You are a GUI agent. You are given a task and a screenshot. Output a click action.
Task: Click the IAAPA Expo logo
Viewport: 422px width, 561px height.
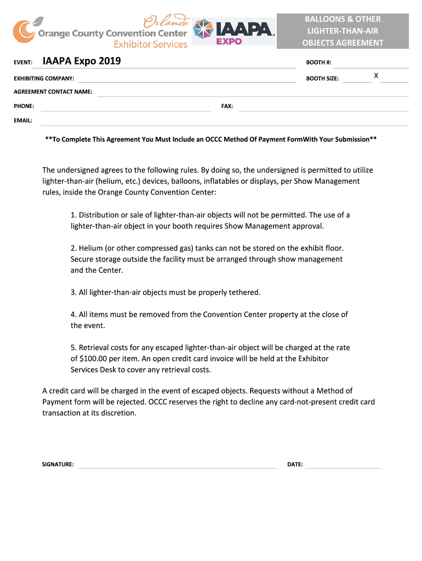[x=234, y=32]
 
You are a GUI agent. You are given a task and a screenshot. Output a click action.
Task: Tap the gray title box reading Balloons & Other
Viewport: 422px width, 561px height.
[x=343, y=31]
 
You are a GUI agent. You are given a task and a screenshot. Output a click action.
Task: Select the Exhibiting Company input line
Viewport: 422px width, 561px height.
[x=186, y=80]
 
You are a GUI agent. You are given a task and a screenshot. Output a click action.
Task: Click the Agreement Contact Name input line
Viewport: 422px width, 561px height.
[x=252, y=93]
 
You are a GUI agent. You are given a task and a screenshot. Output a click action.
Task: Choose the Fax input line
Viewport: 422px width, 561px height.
[x=323, y=107]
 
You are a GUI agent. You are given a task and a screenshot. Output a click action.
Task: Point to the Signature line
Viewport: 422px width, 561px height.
[x=178, y=466]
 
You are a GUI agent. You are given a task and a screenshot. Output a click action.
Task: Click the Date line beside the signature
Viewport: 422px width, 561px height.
[x=343, y=466]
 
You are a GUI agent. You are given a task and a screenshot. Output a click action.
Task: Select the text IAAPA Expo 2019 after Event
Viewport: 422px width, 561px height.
[x=82, y=61]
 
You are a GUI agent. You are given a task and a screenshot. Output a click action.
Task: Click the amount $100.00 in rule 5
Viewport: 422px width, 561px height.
[x=96, y=358]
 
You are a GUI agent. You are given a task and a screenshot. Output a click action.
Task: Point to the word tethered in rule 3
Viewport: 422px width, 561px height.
[x=242, y=292]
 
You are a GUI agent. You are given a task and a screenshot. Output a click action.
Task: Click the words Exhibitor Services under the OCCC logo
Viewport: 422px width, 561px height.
[x=150, y=44]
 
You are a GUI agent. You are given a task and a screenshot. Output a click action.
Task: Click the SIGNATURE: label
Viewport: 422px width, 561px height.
[x=58, y=465]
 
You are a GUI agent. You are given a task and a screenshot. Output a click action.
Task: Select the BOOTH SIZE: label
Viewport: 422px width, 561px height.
[x=322, y=79]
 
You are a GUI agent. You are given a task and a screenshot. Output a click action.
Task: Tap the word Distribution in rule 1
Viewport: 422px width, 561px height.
[x=100, y=215]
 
